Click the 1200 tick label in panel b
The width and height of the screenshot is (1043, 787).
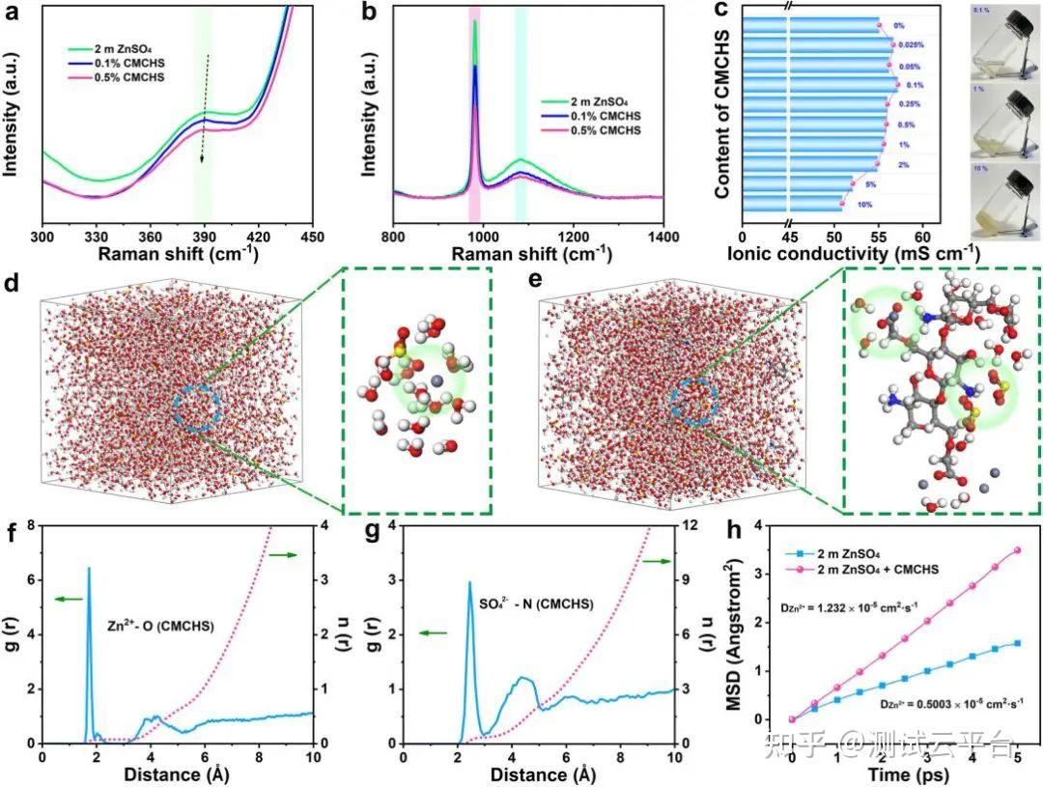click(x=573, y=235)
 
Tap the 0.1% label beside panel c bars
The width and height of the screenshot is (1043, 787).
click(x=914, y=85)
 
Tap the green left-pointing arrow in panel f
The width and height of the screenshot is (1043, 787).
click(x=69, y=600)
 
